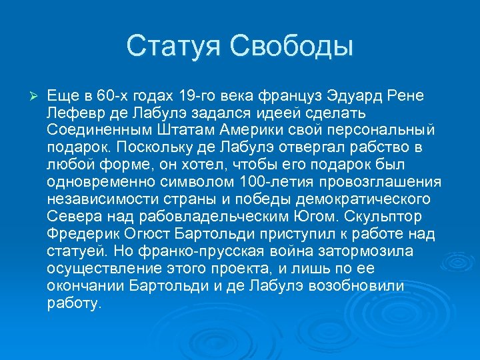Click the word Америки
click(248, 129)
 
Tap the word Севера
click(71, 216)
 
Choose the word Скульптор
click(393, 216)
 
